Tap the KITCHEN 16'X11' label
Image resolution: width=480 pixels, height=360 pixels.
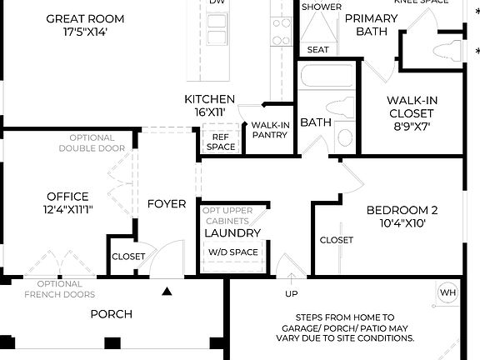coord(209,106)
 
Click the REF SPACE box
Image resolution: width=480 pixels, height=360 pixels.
coord(220,142)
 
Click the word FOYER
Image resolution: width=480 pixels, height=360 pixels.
coord(167,204)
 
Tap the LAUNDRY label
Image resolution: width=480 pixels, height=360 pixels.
coord(232,233)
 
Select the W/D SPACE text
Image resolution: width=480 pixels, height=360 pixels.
coord(232,252)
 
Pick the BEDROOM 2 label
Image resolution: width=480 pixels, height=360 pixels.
coord(402,217)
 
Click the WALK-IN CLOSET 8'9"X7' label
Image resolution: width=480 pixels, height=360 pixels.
coord(410,113)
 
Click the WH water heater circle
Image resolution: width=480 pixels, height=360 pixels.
coord(447,292)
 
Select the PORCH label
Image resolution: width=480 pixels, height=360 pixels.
coord(111,314)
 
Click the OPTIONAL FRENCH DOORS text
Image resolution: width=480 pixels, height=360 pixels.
coord(59,289)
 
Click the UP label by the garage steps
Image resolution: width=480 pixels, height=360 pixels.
coord(291,294)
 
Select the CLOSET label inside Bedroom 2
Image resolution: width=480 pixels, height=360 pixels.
coord(337,240)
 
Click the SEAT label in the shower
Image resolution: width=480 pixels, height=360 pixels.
coord(317,50)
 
